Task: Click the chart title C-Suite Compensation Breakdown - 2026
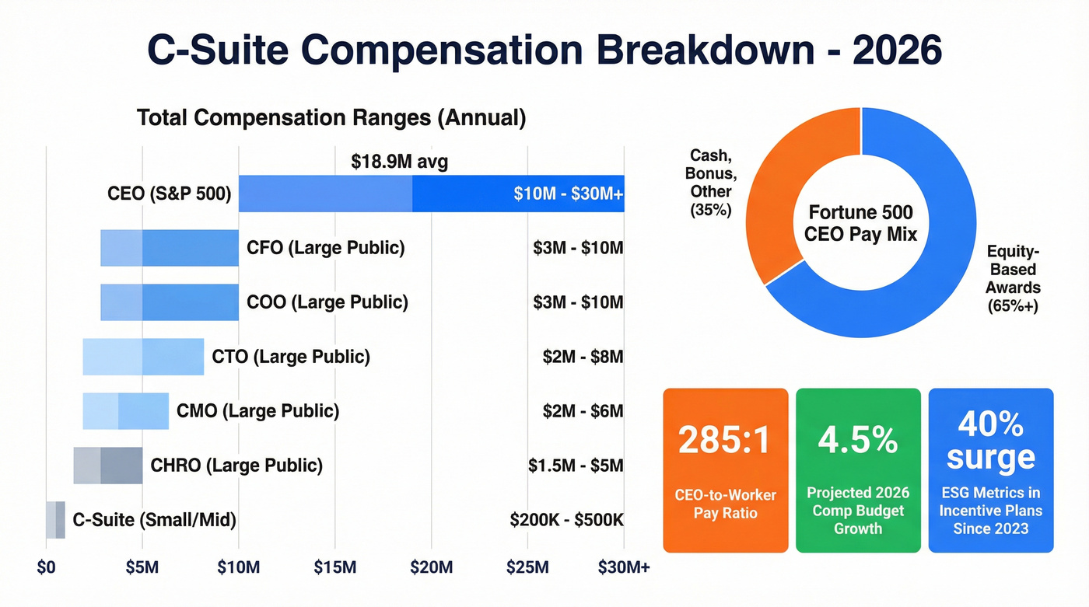tap(544, 51)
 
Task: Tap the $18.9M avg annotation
tap(399, 162)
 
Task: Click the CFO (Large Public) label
tap(325, 249)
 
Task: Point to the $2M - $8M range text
tap(583, 357)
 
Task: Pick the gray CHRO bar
tap(108, 466)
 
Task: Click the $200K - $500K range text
tap(566, 520)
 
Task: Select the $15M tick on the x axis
tap(335, 568)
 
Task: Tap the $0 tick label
tap(46, 568)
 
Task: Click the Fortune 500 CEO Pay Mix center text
tap(861, 222)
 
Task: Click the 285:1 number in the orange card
tap(725, 440)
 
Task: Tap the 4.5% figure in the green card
tap(857, 440)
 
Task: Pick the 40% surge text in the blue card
tap(990, 440)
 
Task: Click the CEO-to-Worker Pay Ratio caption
tap(725, 504)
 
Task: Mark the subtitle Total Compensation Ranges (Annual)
tap(331, 118)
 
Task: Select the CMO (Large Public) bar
tap(126, 411)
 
